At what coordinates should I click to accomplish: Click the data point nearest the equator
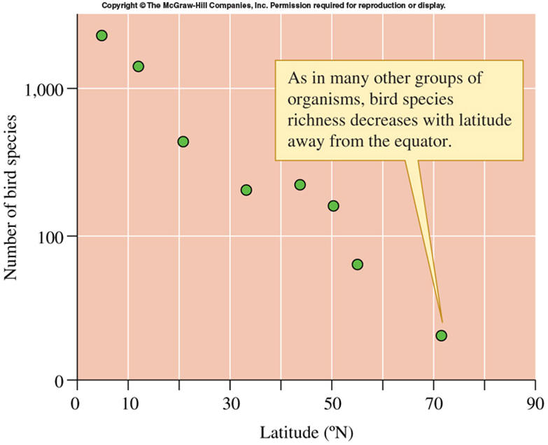pos(101,36)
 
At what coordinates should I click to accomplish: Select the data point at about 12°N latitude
pos(138,67)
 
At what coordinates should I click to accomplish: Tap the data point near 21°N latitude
pos(183,142)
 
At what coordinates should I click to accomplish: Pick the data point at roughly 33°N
pos(246,190)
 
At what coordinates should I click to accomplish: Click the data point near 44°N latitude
pos(300,184)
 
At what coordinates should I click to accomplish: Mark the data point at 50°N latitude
pos(333,206)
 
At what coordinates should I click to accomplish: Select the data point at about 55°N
pos(358,264)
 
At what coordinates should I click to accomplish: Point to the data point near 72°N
pos(441,336)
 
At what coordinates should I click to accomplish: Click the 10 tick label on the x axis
pos(128,404)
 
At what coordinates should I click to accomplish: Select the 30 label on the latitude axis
pos(230,404)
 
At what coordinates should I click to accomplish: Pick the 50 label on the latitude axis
pos(332,404)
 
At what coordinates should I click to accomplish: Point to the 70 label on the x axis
pos(434,404)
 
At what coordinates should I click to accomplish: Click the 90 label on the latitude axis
pos(535,404)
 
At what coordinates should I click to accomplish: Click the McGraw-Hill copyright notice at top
pos(273,6)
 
